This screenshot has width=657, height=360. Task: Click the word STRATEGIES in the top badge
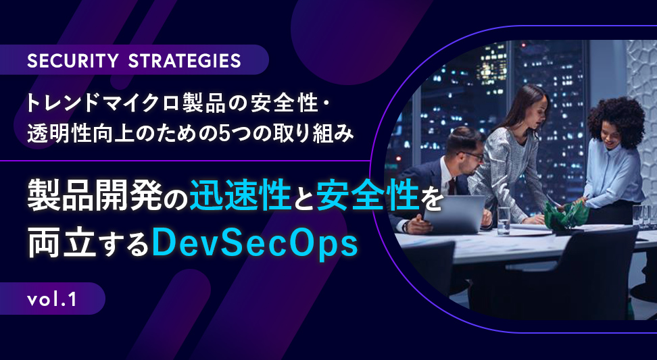click(x=185, y=61)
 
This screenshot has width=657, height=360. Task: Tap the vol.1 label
click(x=52, y=299)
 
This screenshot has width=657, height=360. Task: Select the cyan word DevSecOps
click(x=255, y=245)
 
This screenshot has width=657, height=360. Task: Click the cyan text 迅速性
click(x=241, y=197)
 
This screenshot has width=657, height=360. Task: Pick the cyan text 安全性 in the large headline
click(x=368, y=197)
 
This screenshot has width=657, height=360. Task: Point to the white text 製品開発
click(x=95, y=197)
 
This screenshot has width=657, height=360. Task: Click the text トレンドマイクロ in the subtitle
click(x=103, y=103)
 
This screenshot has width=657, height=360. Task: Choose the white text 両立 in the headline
click(x=62, y=245)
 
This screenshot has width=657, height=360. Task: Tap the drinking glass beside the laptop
click(x=504, y=220)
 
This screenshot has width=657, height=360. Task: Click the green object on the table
click(x=565, y=213)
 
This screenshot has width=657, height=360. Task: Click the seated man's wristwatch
click(x=405, y=226)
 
